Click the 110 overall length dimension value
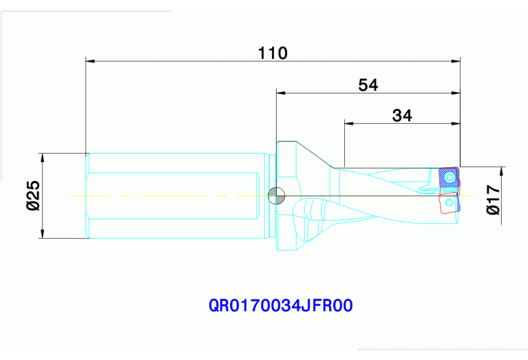pos(273,52)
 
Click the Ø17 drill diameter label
pos(493,200)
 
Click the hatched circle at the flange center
pos(276,196)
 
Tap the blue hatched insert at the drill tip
pos(449,179)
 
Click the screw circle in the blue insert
pos(450,178)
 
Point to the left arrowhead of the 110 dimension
pos(89,61)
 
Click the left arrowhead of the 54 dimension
pos(280,93)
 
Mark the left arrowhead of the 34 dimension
pos(348,124)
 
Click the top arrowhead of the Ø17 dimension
pos(503,170)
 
